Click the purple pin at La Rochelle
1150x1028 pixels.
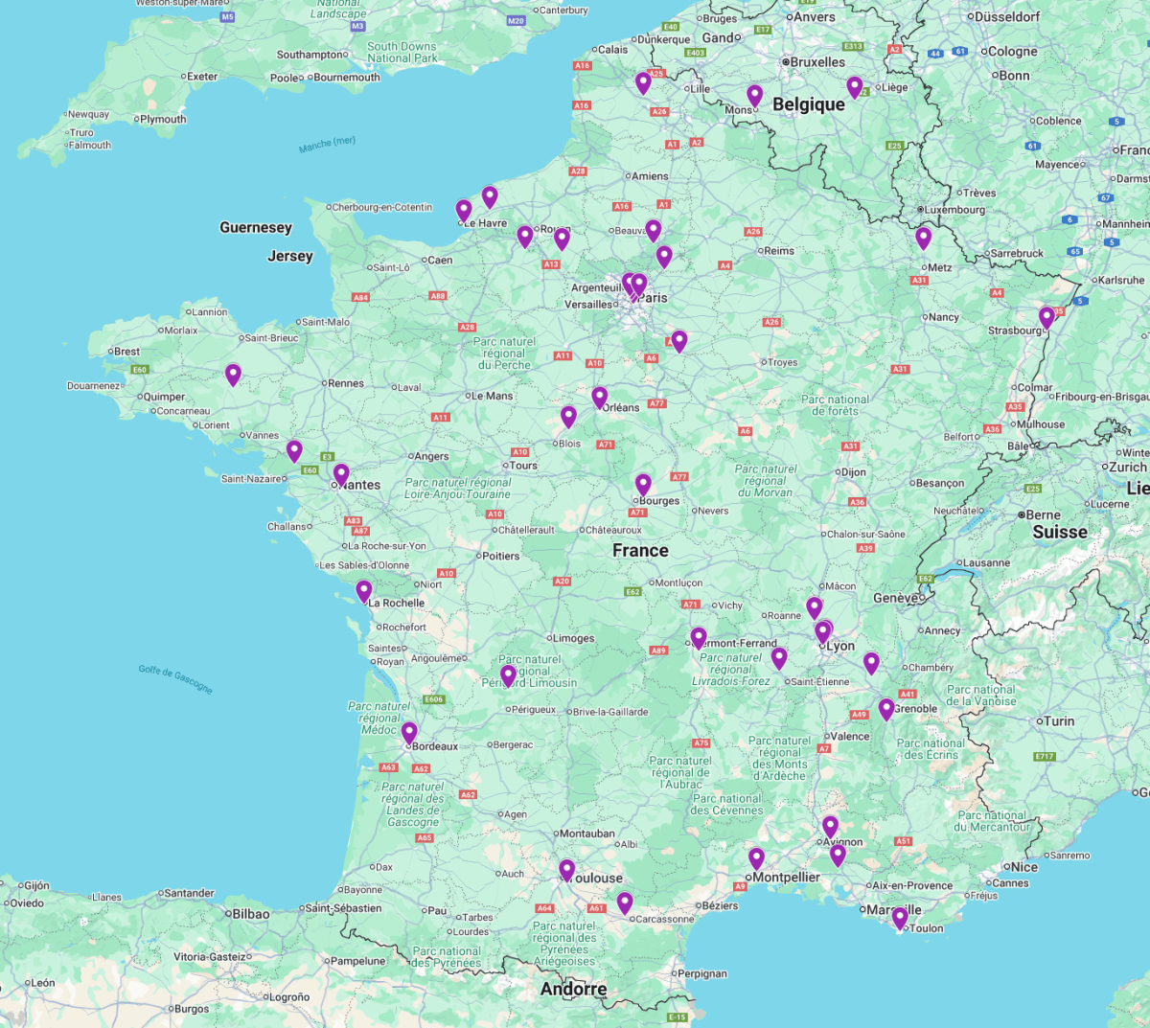[364, 591]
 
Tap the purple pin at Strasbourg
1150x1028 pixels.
[1046, 317]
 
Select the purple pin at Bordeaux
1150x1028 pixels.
[409, 733]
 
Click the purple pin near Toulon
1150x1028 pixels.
[900, 918]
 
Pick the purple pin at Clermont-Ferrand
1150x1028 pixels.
[699, 638]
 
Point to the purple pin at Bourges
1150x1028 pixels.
[643, 485]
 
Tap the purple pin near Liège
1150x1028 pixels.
[855, 87]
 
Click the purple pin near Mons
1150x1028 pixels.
[755, 96]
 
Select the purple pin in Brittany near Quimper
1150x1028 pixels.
[233, 375]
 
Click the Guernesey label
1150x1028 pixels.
[256, 228]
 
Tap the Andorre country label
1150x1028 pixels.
[573, 989]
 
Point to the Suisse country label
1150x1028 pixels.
[1059, 532]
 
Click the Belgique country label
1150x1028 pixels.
[809, 104]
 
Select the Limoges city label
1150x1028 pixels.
[574, 638]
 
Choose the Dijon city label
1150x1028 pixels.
[853, 472]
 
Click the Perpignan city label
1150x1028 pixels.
[702, 973]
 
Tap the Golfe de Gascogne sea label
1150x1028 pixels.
[175, 678]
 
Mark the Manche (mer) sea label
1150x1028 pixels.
[327, 145]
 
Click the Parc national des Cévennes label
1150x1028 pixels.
[727, 804]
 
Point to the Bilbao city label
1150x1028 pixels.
[250, 914]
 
